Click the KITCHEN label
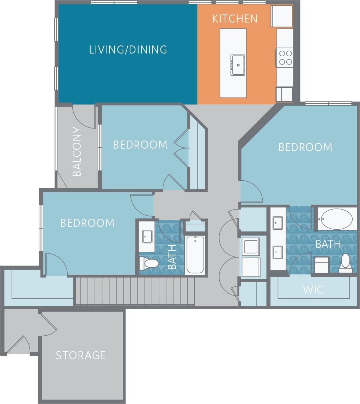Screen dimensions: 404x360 234,19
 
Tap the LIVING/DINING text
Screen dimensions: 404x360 128,50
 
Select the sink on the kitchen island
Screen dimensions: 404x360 238,65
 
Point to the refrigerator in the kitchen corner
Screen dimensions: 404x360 282,16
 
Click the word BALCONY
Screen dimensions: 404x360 77,151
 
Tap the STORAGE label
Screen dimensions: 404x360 81,355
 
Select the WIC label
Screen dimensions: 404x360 313,290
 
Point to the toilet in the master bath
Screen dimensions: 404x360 345,263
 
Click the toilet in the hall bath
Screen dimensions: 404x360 150,263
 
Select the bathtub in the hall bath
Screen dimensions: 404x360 195,255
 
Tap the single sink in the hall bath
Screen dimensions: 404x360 147,236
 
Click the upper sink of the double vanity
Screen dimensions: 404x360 277,222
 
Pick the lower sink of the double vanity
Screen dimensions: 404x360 277,252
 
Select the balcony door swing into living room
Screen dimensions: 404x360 84,116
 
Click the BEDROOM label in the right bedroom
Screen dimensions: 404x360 305,147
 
